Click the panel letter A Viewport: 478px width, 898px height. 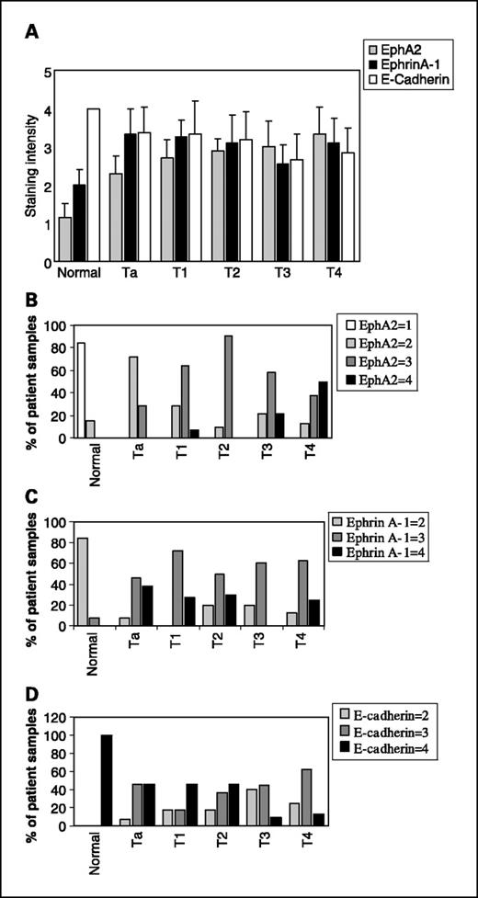[31, 32]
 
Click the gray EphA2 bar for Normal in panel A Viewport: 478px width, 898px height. [64, 239]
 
